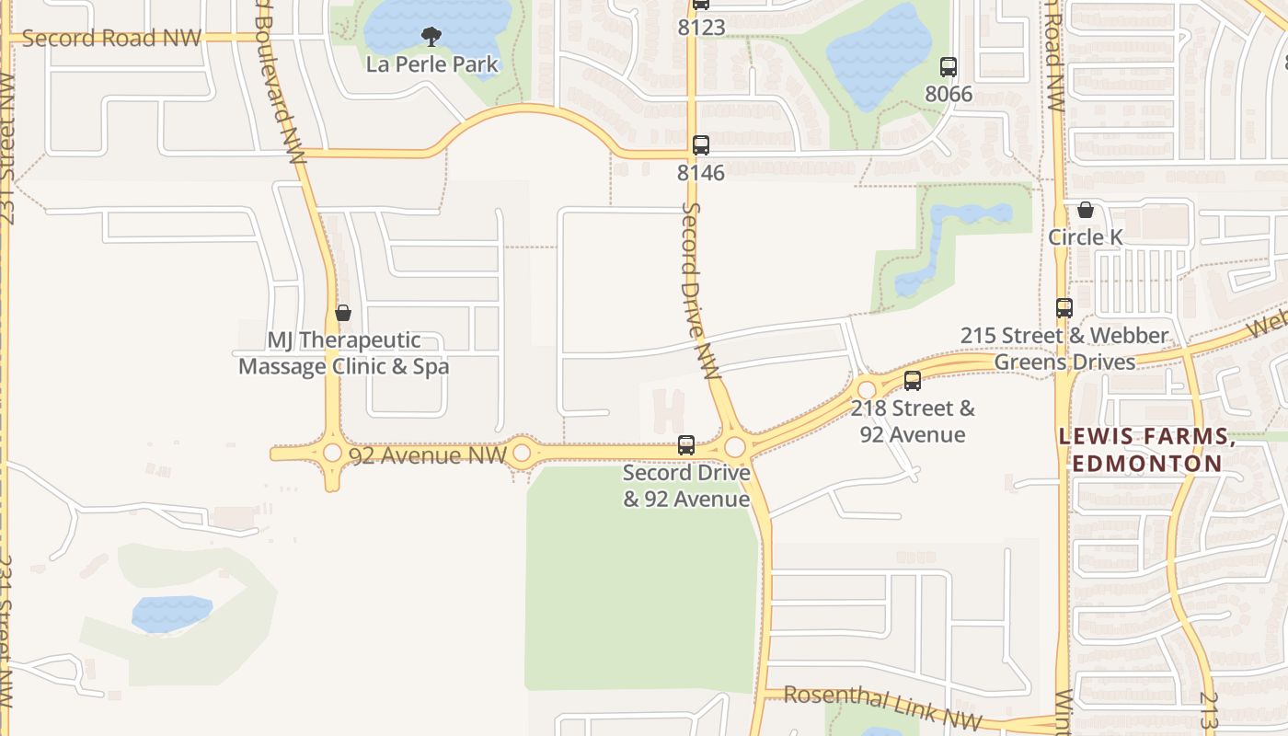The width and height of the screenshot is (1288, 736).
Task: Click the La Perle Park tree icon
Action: coord(431,37)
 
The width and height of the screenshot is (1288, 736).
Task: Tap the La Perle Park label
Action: coord(431,64)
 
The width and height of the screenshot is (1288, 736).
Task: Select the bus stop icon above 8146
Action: coord(701,144)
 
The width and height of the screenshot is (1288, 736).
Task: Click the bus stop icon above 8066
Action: coord(949,67)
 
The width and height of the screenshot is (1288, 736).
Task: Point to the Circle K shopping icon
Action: coord(1086,210)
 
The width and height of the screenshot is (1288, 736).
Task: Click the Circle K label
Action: coord(1086,237)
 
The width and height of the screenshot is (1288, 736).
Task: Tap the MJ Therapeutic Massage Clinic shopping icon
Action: coord(343,313)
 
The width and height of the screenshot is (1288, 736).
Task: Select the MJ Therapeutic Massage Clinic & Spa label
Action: coord(344,353)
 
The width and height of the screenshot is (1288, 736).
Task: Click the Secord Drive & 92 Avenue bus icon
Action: coord(686,445)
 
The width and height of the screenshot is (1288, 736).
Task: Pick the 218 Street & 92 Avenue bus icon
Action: coord(913,380)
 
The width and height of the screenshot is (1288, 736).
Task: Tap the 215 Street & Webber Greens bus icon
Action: coord(1064,308)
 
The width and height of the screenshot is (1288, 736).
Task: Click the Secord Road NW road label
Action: coord(111,38)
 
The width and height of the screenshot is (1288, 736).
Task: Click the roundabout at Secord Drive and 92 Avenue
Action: coord(734,447)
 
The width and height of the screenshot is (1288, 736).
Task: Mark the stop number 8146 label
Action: coord(701,173)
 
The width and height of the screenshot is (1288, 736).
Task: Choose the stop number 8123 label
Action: coord(701,28)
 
